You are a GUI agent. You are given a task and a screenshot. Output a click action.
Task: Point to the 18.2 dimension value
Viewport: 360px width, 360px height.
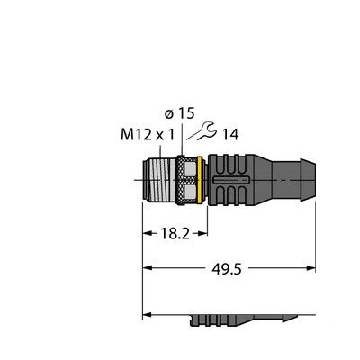click(170, 232)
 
